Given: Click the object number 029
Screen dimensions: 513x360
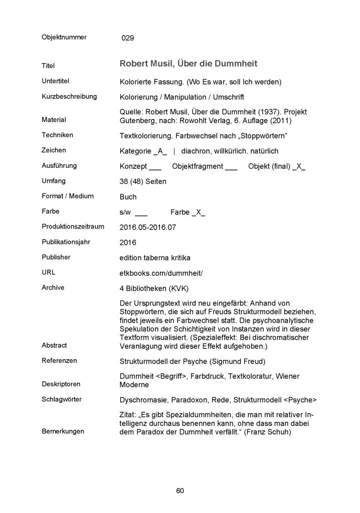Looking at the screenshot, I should point(128,38).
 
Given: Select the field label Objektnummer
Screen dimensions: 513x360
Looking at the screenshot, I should point(64,37).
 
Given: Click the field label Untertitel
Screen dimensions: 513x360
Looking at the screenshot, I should point(55,81).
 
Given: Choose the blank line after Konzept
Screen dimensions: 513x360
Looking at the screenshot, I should point(155,167).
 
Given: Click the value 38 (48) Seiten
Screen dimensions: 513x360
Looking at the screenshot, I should point(142,181).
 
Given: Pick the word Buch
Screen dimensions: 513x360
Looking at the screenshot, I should point(128,197).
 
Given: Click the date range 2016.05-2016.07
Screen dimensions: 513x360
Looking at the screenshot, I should point(148,227).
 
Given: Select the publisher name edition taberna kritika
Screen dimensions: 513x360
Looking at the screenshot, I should point(156,258).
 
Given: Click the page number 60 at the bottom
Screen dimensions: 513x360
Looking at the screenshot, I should point(180,490).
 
